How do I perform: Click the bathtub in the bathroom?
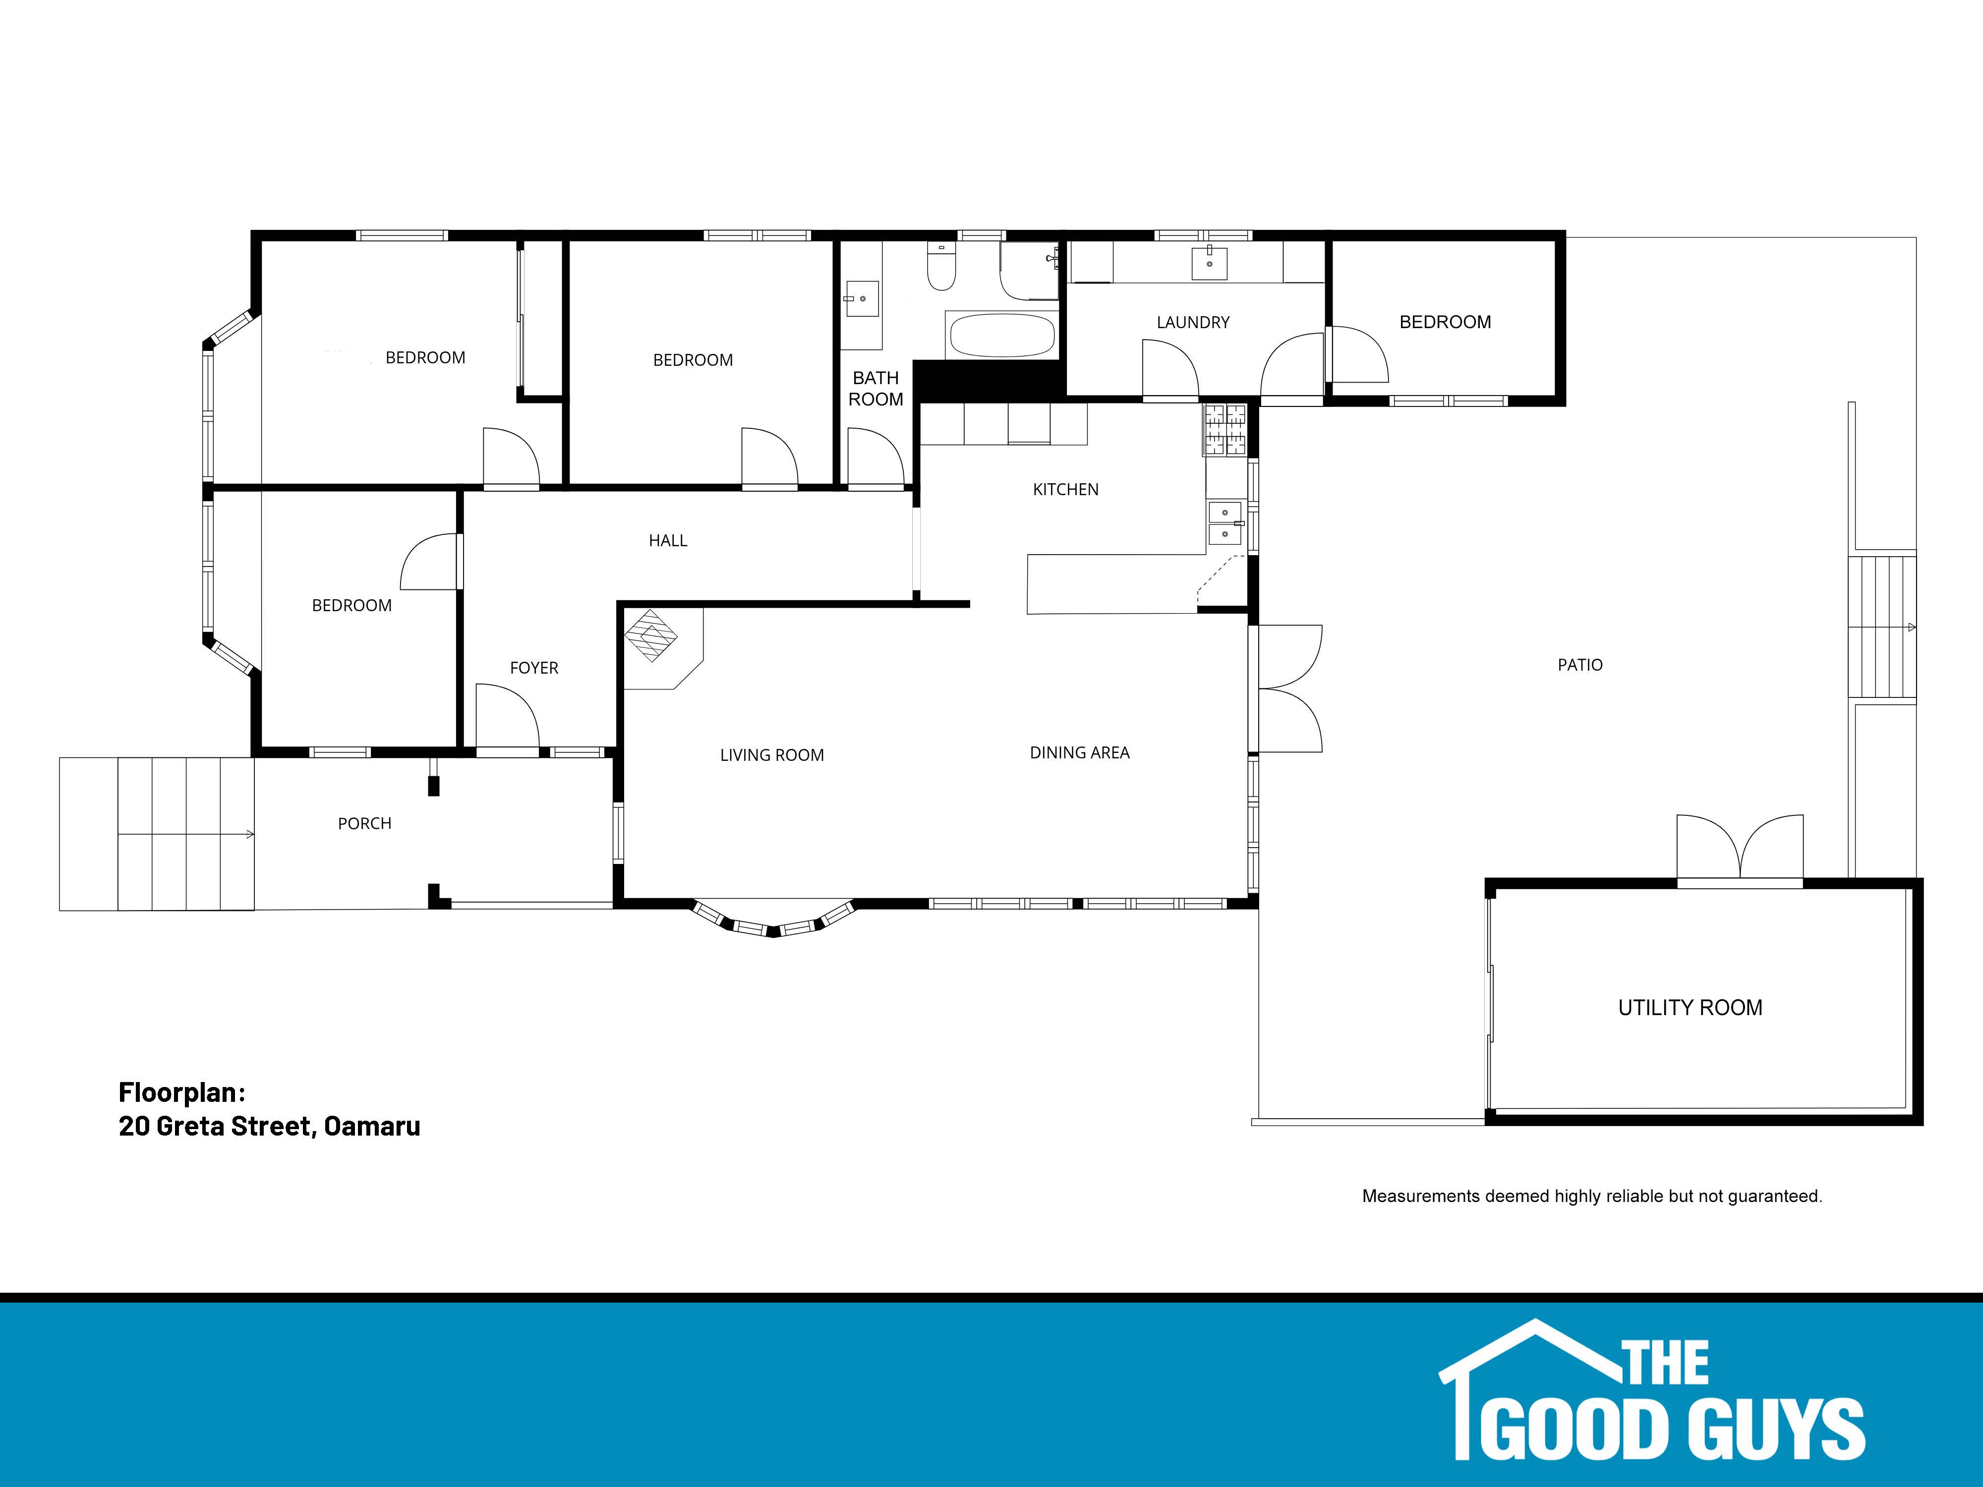point(1001,335)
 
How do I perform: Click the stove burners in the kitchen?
point(1225,430)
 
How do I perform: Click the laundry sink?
point(1209,262)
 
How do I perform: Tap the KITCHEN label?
point(1065,489)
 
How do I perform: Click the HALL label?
point(668,540)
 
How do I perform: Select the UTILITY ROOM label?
point(1690,1008)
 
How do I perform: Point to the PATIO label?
point(1579,665)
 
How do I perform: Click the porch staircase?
point(157,835)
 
